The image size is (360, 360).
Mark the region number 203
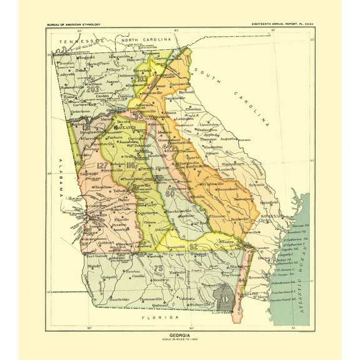[x=94, y=89]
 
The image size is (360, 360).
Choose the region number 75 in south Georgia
[x=158, y=269]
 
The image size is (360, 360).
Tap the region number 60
[x=169, y=193]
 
